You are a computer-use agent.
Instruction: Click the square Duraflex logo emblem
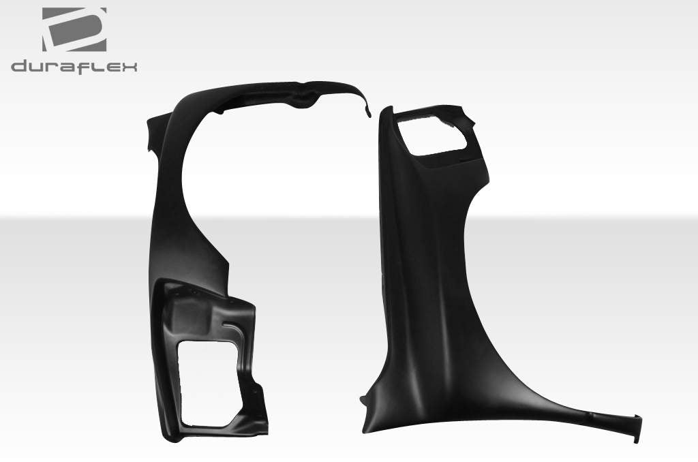(x=74, y=29)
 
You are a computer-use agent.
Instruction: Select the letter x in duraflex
(x=130, y=67)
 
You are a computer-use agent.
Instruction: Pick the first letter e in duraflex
(x=110, y=67)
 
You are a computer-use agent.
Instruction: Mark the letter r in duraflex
(x=52, y=67)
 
